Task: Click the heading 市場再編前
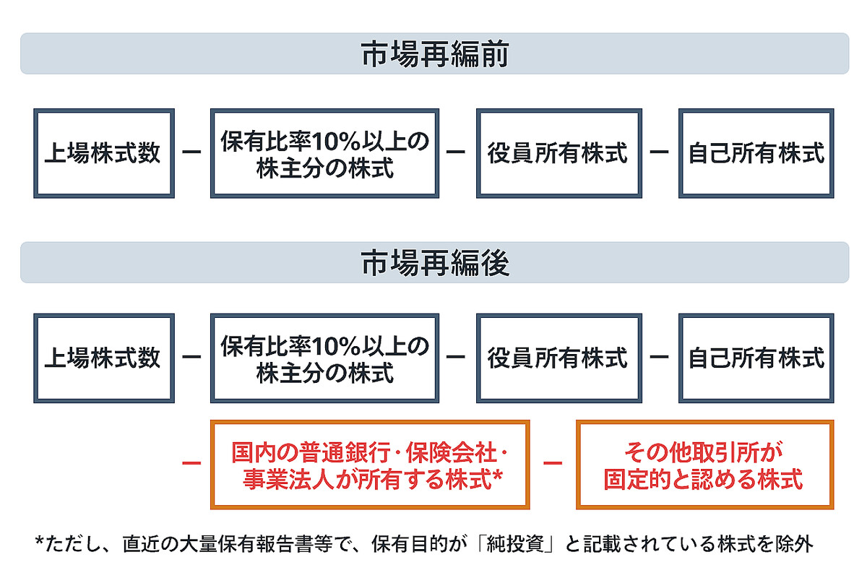(434, 54)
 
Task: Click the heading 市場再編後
(434, 263)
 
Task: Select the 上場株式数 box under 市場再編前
(103, 153)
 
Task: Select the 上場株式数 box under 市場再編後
(103, 358)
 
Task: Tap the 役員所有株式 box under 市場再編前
(558, 153)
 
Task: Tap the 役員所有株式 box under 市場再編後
(558, 358)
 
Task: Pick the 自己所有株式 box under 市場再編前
(756, 153)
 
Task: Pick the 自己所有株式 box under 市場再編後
(756, 358)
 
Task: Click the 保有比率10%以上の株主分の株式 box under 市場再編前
(324, 153)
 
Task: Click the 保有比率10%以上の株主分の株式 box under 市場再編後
(324, 358)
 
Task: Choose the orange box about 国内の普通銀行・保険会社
(369, 465)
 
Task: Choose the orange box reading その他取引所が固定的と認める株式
(704, 465)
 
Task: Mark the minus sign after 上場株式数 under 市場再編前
(191, 153)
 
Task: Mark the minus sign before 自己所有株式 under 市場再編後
(659, 358)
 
